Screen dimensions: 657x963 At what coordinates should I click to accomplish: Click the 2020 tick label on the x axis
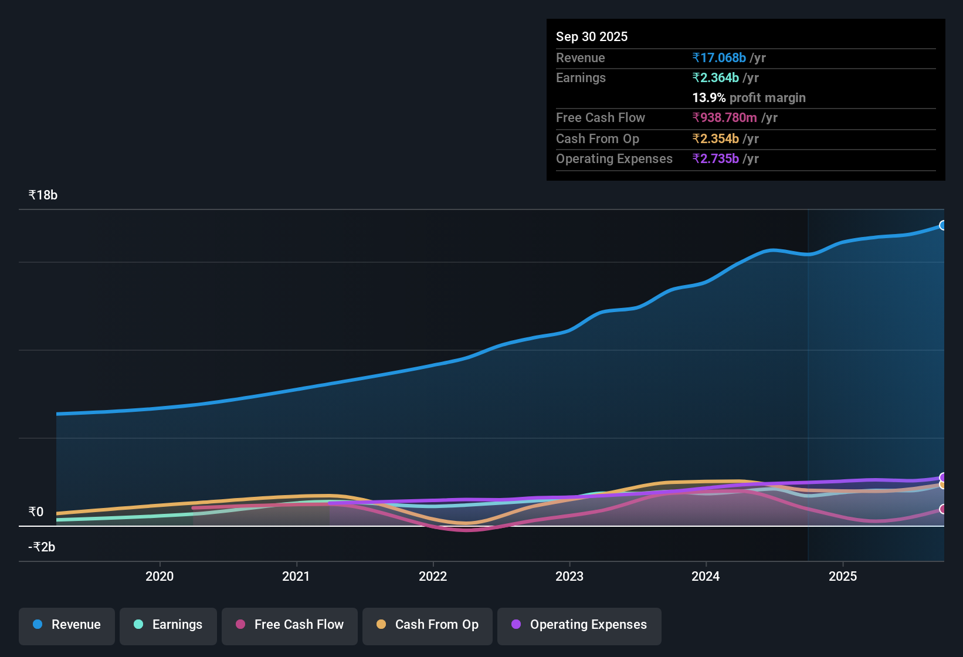pyautogui.click(x=160, y=576)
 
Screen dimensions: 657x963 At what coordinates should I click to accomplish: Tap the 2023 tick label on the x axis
pyautogui.click(x=569, y=576)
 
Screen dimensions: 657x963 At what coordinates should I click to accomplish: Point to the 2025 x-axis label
pyautogui.click(x=842, y=576)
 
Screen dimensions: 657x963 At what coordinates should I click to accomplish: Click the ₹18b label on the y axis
pyautogui.click(x=43, y=195)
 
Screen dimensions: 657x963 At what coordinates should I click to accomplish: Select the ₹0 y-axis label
pyautogui.click(x=36, y=512)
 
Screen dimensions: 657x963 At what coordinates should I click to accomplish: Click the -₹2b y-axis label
pyautogui.click(x=42, y=547)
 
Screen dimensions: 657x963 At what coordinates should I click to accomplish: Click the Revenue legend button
pyautogui.click(x=67, y=625)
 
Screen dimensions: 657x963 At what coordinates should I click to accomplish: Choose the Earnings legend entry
pyautogui.click(x=168, y=625)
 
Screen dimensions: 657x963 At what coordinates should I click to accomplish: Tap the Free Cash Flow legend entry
pyautogui.click(x=290, y=625)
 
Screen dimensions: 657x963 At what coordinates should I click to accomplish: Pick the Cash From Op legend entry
pyautogui.click(x=428, y=625)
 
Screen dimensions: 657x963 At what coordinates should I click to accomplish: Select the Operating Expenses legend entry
pyautogui.click(x=579, y=625)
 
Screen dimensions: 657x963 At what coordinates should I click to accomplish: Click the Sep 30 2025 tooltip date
pyautogui.click(x=591, y=36)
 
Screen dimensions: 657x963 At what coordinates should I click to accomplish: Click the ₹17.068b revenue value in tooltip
pyautogui.click(x=719, y=57)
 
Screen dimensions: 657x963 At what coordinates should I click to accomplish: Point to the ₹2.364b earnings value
pyautogui.click(x=716, y=77)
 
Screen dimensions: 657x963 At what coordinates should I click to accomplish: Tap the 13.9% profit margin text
pyautogui.click(x=748, y=97)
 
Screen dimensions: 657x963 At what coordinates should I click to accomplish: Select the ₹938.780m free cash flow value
pyautogui.click(x=725, y=117)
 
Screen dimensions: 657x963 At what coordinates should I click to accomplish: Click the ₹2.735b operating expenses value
pyautogui.click(x=716, y=158)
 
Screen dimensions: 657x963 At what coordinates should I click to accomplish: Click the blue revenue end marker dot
pyautogui.click(x=942, y=225)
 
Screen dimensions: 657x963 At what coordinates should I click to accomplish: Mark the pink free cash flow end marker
pyautogui.click(x=942, y=509)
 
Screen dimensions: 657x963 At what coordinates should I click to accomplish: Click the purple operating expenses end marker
pyautogui.click(x=942, y=477)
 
